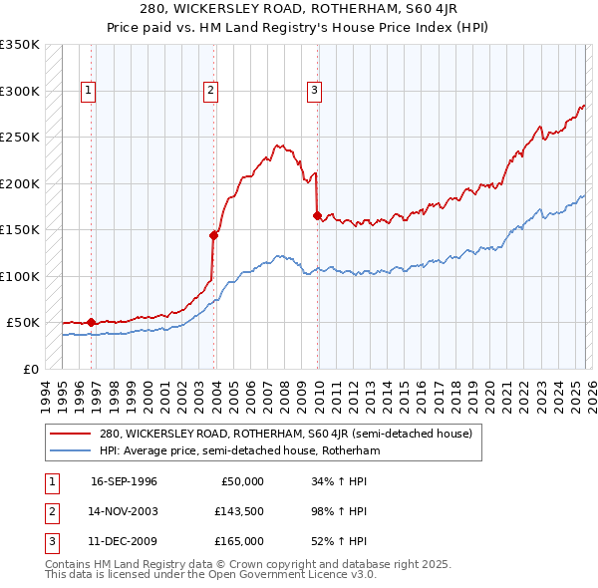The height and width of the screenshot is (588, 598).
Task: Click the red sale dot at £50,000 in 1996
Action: coord(92,322)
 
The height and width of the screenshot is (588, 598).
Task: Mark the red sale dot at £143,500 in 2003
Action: coord(213,236)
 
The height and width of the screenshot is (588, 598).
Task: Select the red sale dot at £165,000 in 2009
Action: coord(317,215)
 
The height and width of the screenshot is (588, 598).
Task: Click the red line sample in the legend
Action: coord(70,434)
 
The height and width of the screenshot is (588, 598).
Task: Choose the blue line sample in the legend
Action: coord(70,450)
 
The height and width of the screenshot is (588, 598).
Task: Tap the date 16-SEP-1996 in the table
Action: coord(124,481)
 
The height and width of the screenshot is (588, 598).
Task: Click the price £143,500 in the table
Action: coord(239,511)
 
